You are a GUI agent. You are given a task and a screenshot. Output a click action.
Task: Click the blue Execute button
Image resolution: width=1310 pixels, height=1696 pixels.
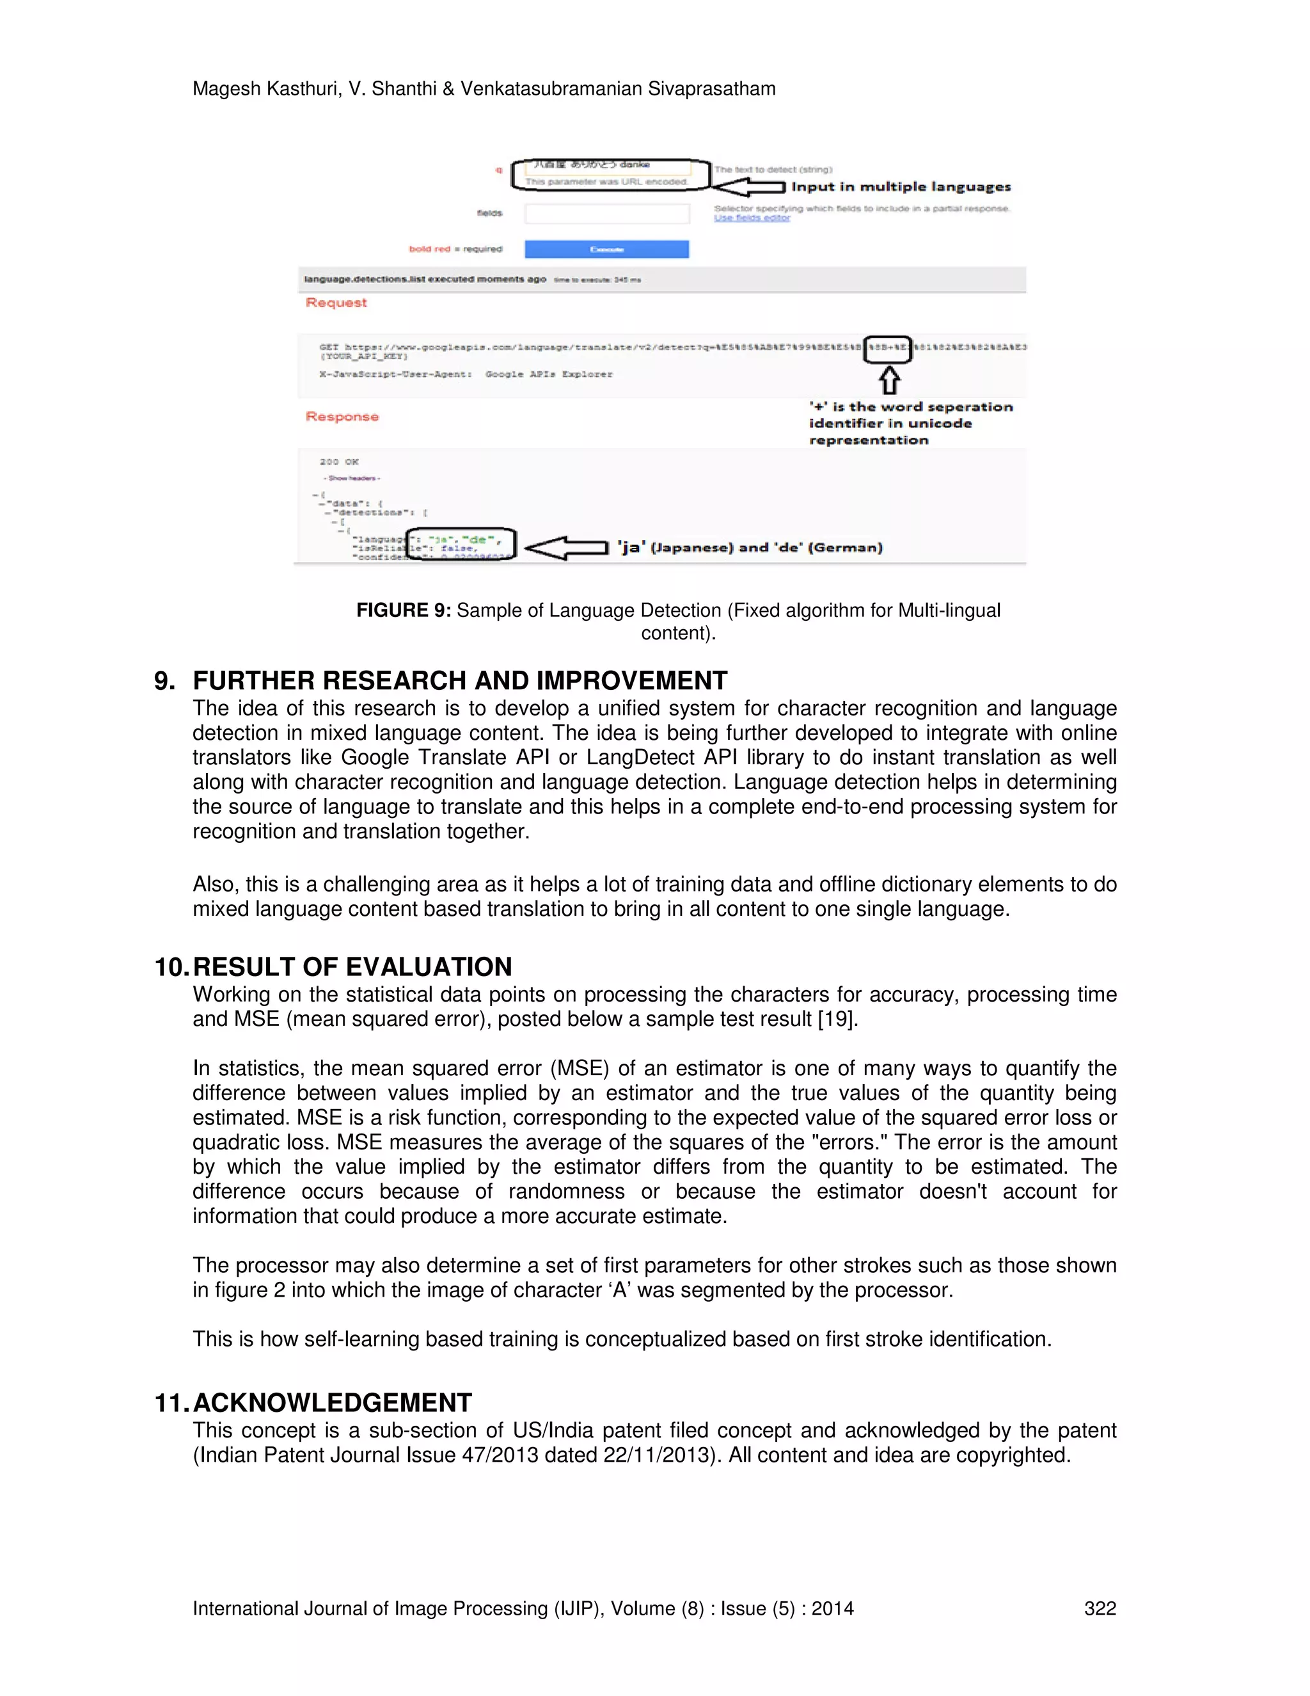pyautogui.click(x=606, y=249)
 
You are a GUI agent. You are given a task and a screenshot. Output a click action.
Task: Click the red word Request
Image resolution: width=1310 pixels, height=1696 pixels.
pyautogui.click(x=336, y=303)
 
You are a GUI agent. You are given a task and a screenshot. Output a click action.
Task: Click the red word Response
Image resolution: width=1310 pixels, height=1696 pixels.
pyautogui.click(x=342, y=417)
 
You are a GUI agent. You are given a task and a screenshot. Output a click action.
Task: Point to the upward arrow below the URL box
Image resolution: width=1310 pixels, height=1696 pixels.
pyautogui.click(x=889, y=381)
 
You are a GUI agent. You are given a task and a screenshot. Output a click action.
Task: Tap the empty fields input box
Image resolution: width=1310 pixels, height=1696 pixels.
pyautogui.click(x=606, y=214)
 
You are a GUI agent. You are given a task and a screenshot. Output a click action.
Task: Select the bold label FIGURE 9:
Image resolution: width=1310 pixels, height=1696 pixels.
pyautogui.click(x=403, y=611)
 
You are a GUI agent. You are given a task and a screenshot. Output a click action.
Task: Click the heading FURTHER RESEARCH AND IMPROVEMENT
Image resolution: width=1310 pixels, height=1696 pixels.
pyautogui.click(x=459, y=680)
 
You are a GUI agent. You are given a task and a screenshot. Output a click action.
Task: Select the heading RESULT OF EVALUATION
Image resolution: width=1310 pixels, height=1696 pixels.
pyautogui.click(x=352, y=967)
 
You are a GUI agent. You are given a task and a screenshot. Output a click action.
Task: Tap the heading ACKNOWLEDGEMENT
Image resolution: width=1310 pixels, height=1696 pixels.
pyautogui.click(x=332, y=1402)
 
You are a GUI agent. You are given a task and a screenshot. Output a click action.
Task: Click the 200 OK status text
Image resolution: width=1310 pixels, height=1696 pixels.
pyautogui.click(x=338, y=461)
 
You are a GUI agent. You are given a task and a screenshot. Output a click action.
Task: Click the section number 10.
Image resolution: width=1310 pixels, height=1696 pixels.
pyautogui.click(x=171, y=967)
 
